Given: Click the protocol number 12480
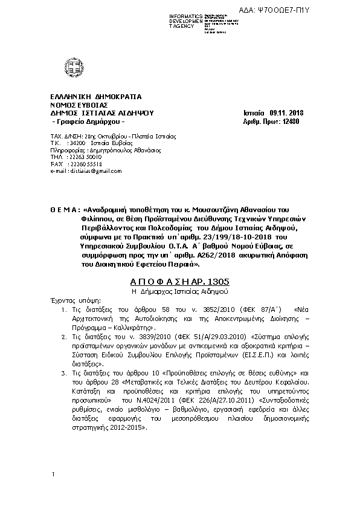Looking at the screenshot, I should [289, 121].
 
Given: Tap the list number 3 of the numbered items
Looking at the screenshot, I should [73, 357].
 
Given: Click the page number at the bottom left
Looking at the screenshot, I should [54, 475].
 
